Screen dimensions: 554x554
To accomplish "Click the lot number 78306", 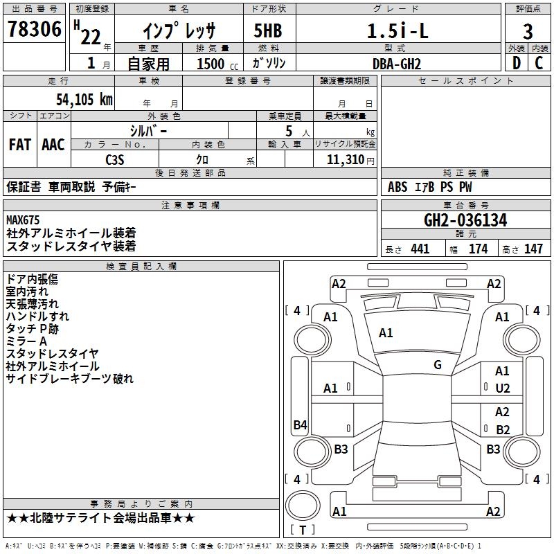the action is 34,28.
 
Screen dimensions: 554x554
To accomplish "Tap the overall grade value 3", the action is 528,31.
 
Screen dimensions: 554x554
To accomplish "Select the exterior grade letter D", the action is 517,63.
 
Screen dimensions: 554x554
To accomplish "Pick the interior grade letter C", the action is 539,63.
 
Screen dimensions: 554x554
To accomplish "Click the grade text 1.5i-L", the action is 397,30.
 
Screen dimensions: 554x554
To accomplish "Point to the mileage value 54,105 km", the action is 84,99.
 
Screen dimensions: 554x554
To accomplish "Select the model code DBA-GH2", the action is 397,64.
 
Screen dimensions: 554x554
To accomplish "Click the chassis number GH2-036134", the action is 465,220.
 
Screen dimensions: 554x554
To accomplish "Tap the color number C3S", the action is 115,160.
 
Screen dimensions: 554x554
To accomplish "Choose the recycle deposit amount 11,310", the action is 345,160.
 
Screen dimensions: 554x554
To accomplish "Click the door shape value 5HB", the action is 268,30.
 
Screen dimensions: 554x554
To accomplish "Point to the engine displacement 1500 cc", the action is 217,64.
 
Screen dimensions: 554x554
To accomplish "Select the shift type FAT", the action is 20,145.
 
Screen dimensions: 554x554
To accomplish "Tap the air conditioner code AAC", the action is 53,145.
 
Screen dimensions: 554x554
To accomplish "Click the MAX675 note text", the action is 23,220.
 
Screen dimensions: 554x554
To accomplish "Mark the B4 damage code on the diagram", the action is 301,425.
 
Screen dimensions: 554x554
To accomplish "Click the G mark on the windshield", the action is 438,364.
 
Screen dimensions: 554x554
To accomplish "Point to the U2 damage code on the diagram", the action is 503,388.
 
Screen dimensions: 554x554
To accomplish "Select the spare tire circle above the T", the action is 303,505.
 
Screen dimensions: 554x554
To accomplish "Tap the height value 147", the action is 533,249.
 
